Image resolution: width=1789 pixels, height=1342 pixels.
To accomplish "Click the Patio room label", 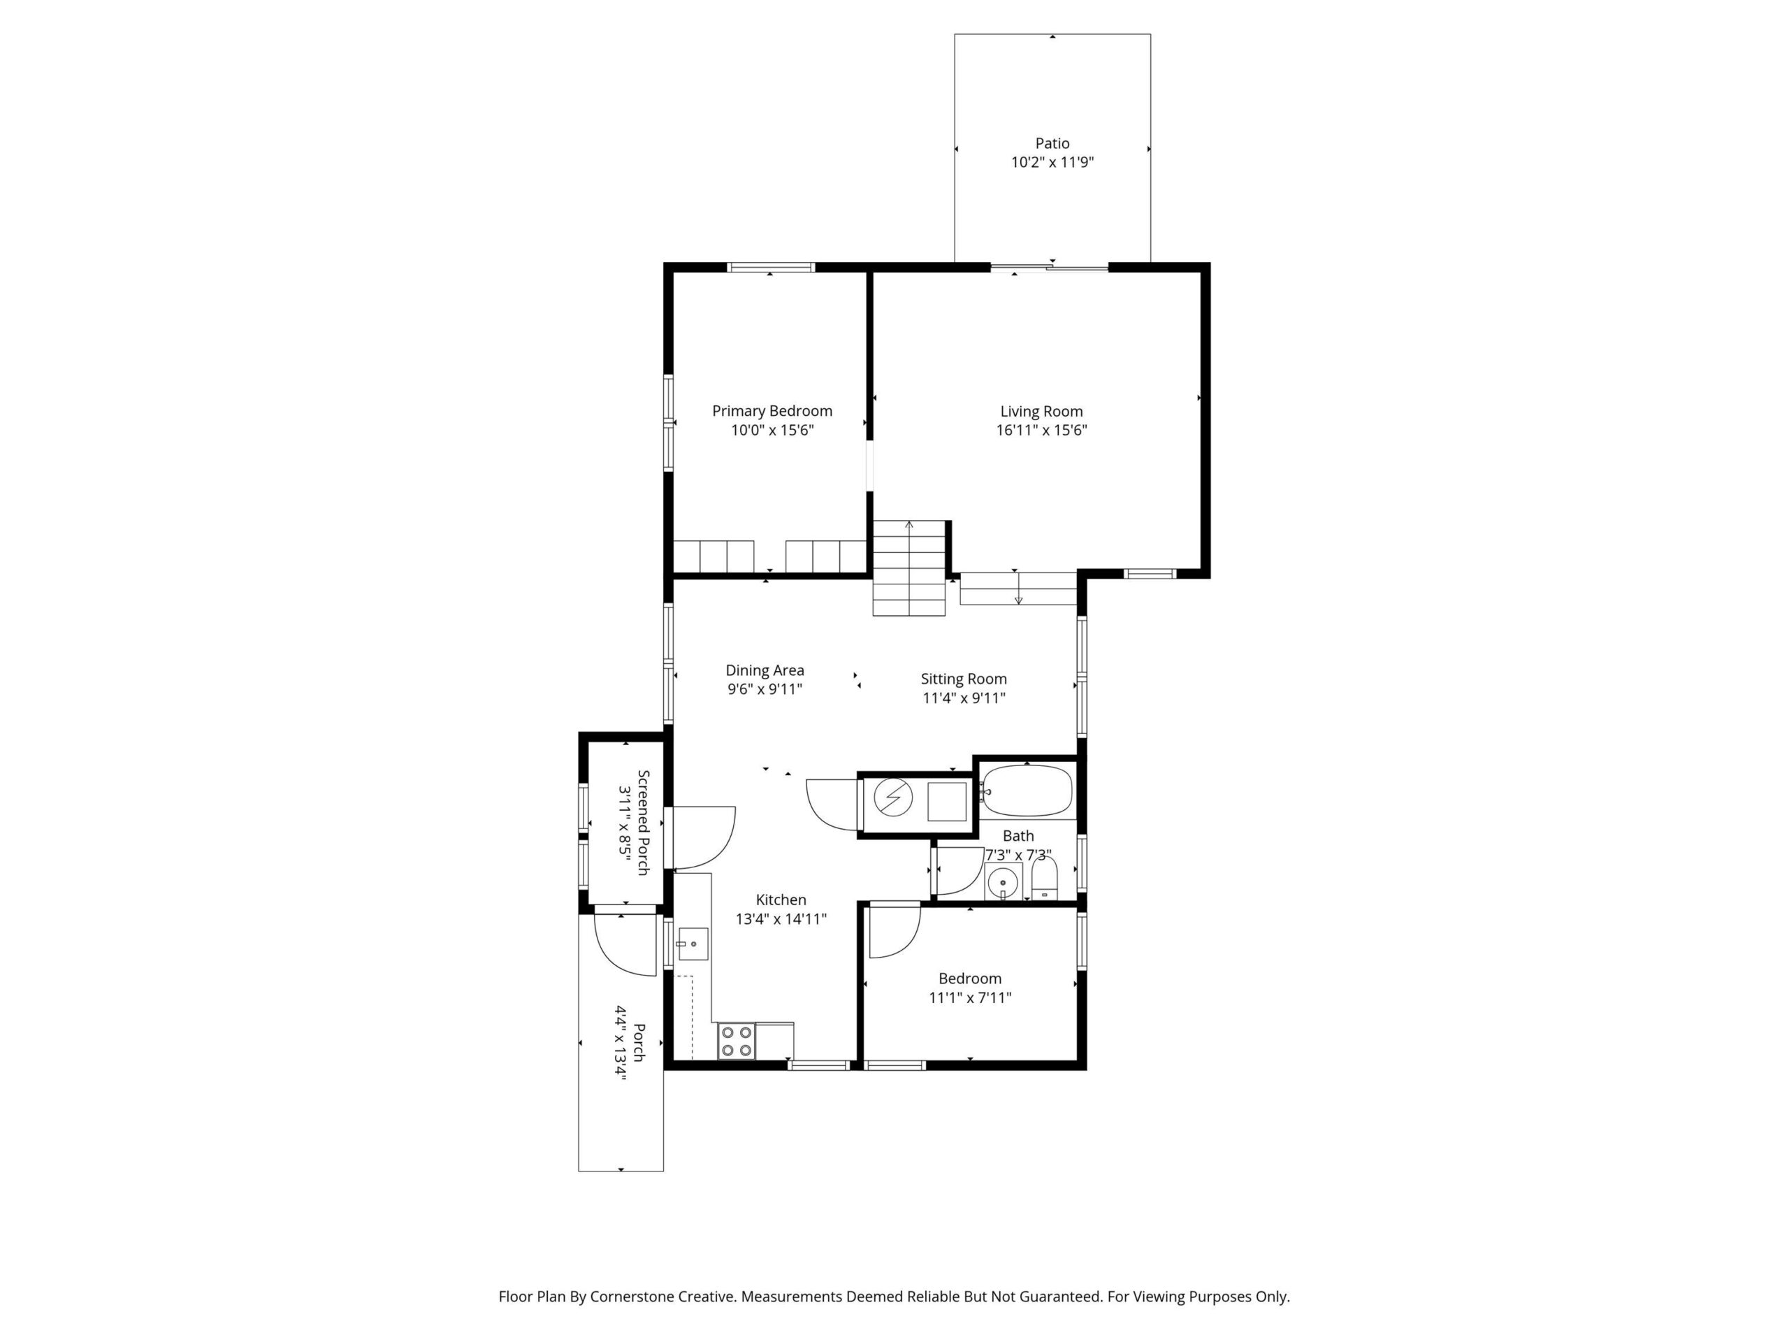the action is coord(1052,143).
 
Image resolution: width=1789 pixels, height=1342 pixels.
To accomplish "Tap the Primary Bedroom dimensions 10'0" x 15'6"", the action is coord(772,431).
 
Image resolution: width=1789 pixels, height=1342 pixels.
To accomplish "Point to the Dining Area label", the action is coord(765,670).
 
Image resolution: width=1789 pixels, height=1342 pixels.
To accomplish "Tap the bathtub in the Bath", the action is coord(1027,791).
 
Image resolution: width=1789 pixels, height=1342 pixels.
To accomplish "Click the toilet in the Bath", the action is coord(1044,879).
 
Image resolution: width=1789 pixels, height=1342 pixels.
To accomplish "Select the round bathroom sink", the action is coord(1003,880).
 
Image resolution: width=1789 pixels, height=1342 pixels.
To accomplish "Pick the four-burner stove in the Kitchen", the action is coord(736,1041).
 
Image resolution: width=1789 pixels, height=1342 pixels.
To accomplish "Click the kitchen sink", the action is coord(693,944).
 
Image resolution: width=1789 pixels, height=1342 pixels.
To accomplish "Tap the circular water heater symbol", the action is coord(893,798).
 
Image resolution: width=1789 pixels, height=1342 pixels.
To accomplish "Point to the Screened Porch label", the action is coord(644,822).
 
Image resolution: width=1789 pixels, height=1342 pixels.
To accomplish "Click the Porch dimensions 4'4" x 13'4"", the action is coord(621,1043).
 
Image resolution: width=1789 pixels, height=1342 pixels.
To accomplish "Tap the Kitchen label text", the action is coord(781,900).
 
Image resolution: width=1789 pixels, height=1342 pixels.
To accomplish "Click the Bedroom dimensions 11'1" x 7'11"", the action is coord(970,998).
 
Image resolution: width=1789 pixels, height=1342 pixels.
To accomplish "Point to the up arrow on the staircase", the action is coord(909,526).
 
